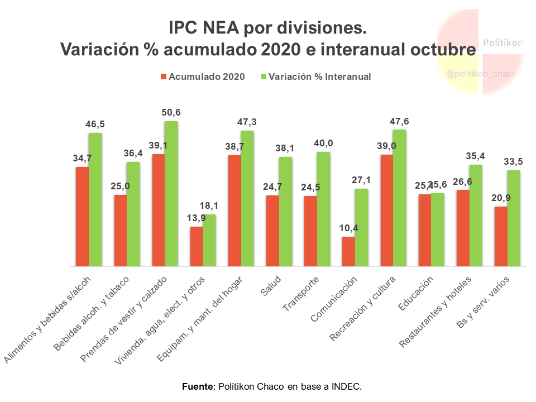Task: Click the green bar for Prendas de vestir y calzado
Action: coord(171,194)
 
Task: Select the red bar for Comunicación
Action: coord(348,252)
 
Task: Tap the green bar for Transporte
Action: coord(323,209)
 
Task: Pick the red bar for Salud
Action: coord(272,231)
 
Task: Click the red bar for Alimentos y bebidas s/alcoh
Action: coord(83,217)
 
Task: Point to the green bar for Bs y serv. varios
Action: coord(514,218)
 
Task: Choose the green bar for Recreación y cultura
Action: coord(399,198)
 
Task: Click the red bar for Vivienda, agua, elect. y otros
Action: coord(197,247)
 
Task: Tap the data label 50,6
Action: coord(171,113)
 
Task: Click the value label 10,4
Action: coord(348,228)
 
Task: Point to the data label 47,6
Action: coord(400,121)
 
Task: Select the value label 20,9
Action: coord(500,198)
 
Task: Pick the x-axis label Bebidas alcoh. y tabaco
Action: coord(92,313)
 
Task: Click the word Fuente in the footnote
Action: coord(198,386)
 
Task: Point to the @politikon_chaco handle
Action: coord(481,74)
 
